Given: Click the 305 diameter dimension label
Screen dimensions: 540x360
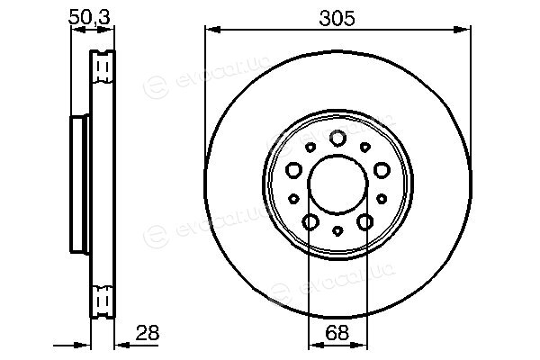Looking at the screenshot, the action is click(337, 18).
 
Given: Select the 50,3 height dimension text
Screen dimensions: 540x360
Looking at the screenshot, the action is click(89, 17).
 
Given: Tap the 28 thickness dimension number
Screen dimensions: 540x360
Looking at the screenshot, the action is click(148, 333).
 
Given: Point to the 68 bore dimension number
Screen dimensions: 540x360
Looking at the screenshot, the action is click(337, 333).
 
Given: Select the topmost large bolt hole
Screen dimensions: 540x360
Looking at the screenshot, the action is click(337, 138).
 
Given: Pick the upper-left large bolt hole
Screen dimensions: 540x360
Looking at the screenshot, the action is click(293, 170).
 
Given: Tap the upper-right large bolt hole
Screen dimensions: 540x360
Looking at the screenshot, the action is click(382, 170).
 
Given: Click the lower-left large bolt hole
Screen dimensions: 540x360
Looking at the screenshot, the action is click(310, 222).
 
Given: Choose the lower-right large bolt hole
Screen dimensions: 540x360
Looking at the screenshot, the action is click(365, 222).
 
